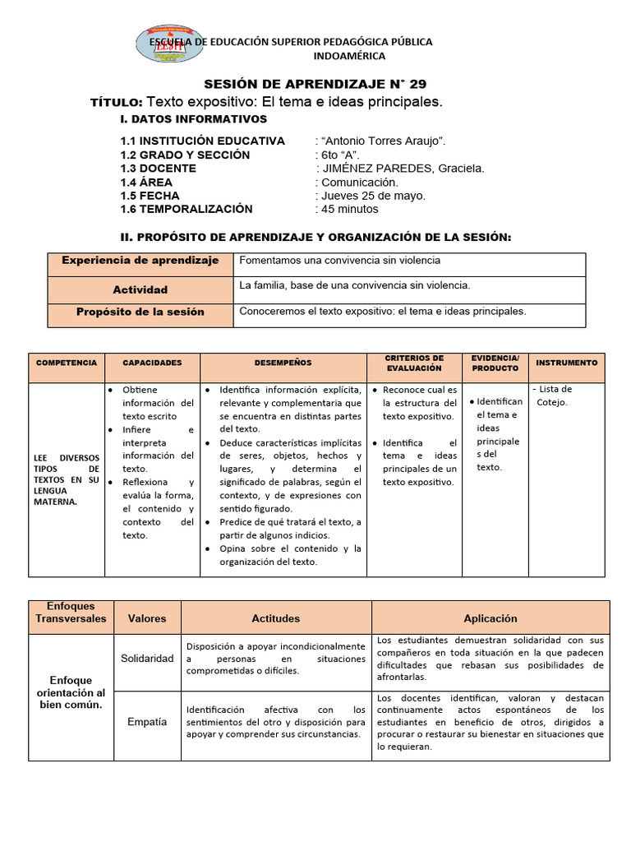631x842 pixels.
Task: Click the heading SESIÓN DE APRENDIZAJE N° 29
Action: [315, 84]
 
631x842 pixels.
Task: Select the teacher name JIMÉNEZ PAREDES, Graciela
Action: [401, 169]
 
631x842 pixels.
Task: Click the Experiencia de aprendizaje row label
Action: [140, 261]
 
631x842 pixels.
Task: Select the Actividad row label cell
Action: [140, 289]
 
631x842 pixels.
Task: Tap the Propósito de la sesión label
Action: [140, 312]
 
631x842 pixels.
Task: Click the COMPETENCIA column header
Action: [67, 363]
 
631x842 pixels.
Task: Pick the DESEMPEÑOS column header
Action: [283, 363]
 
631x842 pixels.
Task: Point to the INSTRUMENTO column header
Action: [567, 363]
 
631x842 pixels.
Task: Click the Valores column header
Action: [147, 618]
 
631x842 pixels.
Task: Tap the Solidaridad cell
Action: [147, 659]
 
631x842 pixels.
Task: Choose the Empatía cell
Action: [147, 722]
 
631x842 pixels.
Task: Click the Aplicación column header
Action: [491, 618]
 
